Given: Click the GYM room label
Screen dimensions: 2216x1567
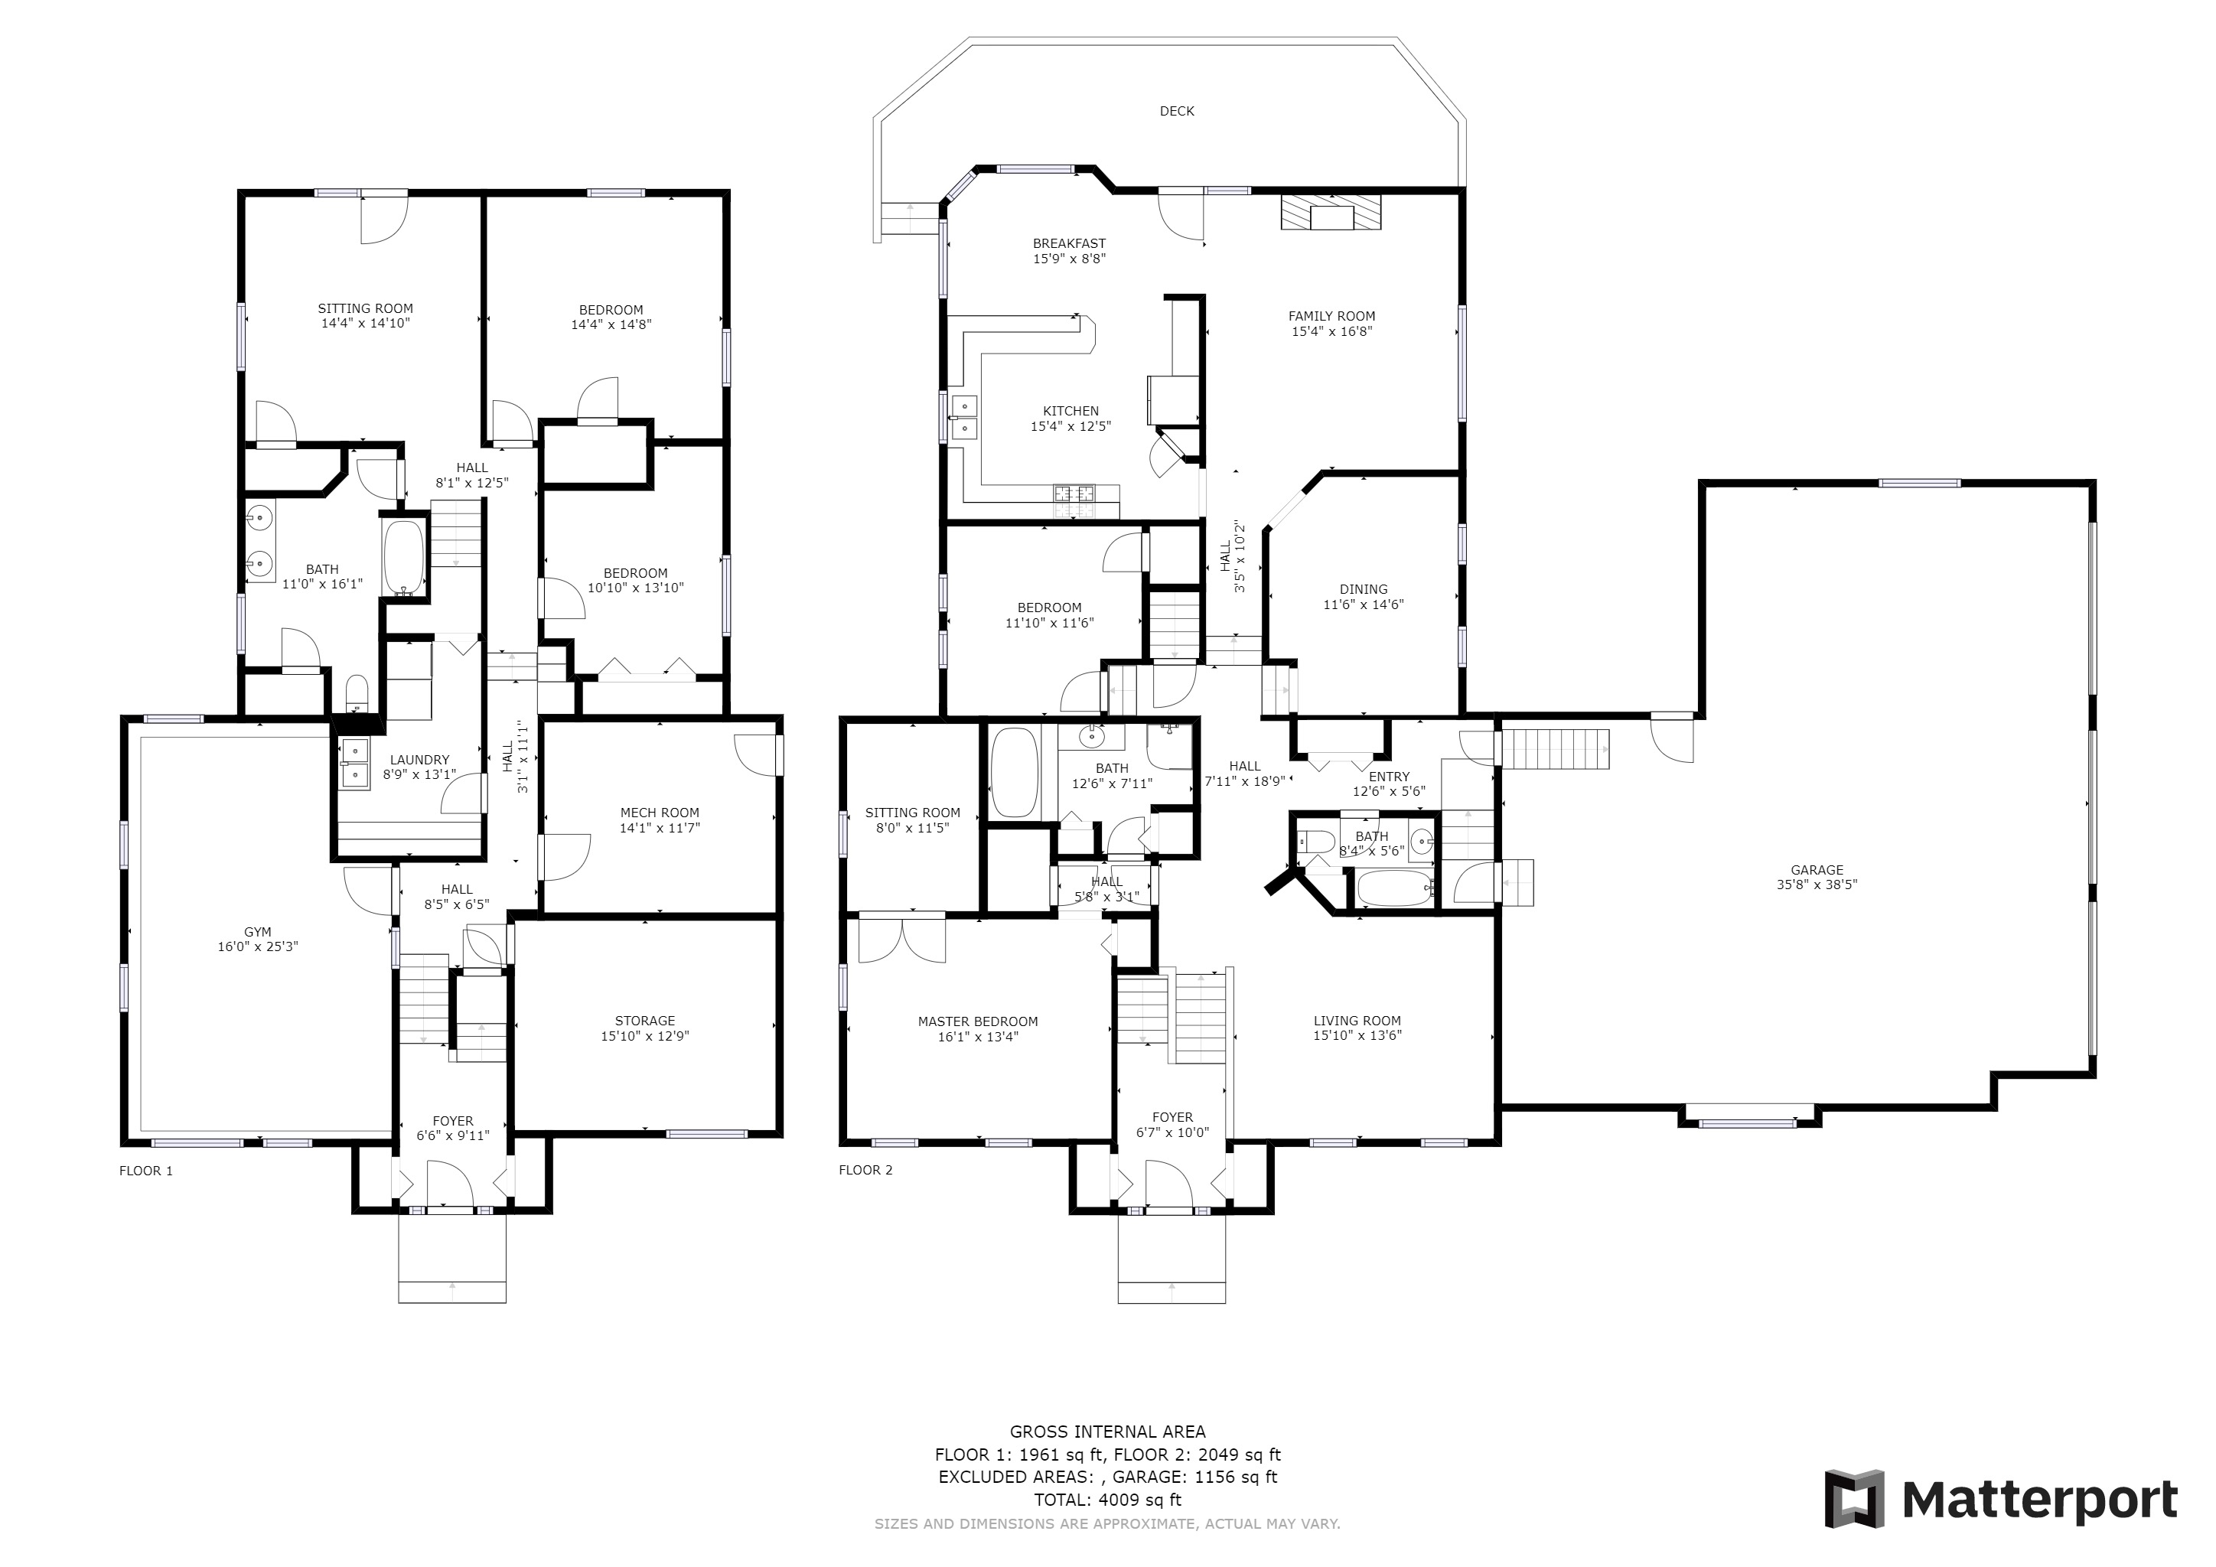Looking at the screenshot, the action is click(258, 932).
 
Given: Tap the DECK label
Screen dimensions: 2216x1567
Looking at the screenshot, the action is click(1177, 112).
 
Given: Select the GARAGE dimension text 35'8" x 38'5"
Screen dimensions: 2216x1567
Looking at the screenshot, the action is click(1817, 884).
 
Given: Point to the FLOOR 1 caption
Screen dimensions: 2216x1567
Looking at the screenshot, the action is click(145, 1171).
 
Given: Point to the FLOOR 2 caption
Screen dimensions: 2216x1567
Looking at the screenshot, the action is click(865, 1171).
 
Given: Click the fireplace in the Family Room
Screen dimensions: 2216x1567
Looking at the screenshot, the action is click(1331, 212).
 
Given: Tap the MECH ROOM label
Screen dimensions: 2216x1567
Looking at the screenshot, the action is click(659, 813).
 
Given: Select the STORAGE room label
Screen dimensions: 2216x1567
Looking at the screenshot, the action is click(645, 1021).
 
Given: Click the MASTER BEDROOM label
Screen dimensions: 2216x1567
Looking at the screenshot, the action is click(978, 1021).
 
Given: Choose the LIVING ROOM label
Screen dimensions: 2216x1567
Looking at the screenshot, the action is click(1357, 1021).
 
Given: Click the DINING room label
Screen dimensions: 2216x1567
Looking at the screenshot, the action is click(1363, 590).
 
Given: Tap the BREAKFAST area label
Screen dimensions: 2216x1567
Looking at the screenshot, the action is click(1070, 244).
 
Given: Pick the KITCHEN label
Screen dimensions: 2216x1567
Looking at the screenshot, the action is click(1071, 411).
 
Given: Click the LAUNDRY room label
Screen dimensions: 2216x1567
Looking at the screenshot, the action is click(420, 761).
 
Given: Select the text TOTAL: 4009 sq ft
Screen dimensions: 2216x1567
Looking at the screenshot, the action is click(1108, 1500).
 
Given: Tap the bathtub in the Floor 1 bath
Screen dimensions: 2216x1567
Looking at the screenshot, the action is click(403, 557).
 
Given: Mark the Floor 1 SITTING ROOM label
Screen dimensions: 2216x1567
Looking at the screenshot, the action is click(366, 309).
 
